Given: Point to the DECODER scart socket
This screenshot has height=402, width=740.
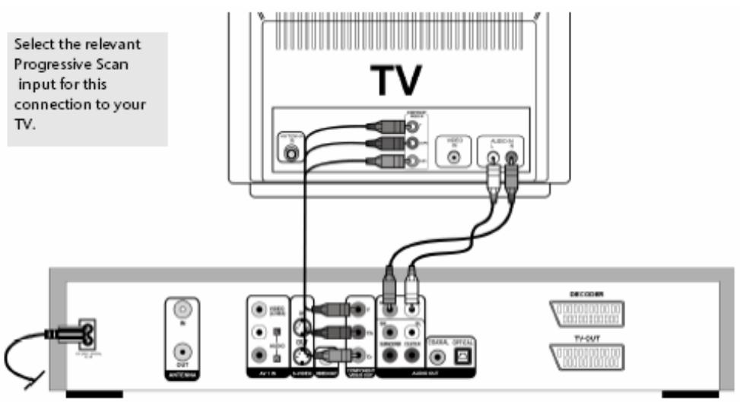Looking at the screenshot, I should [x=587, y=313].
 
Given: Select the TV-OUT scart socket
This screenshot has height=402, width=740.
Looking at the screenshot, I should [x=587, y=356].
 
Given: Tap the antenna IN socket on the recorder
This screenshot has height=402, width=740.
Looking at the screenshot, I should [x=180, y=312].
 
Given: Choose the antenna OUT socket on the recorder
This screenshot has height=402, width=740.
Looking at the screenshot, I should [x=180, y=352].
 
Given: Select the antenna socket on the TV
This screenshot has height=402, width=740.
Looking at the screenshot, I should [x=291, y=152].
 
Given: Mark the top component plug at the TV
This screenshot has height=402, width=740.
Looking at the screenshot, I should [x=379, y=127].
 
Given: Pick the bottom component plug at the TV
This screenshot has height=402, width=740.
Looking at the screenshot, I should [x=379, y=161].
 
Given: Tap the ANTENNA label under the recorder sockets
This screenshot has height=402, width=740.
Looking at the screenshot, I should [x=180, y=374].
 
